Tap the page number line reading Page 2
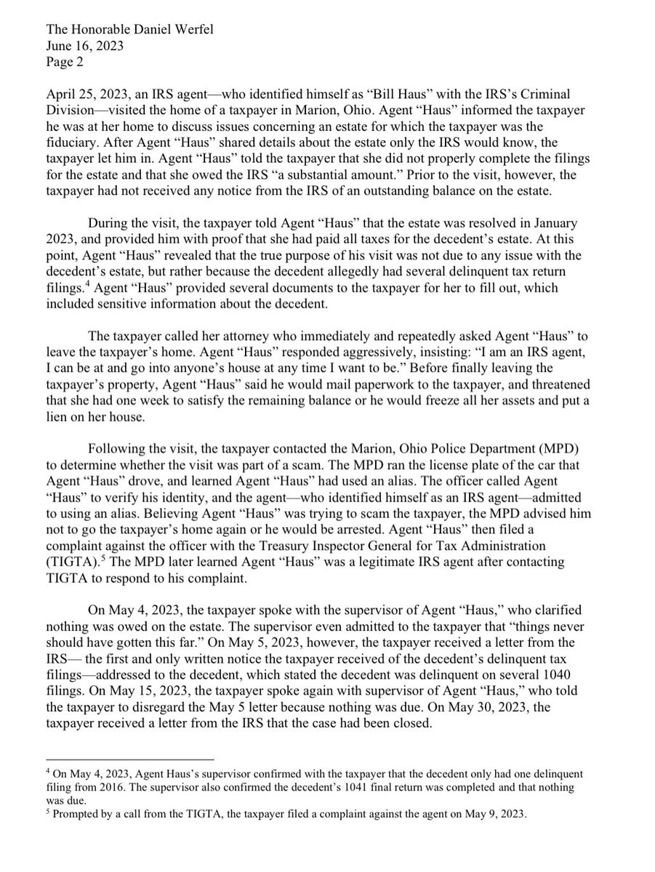click(x=66, y=62)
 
